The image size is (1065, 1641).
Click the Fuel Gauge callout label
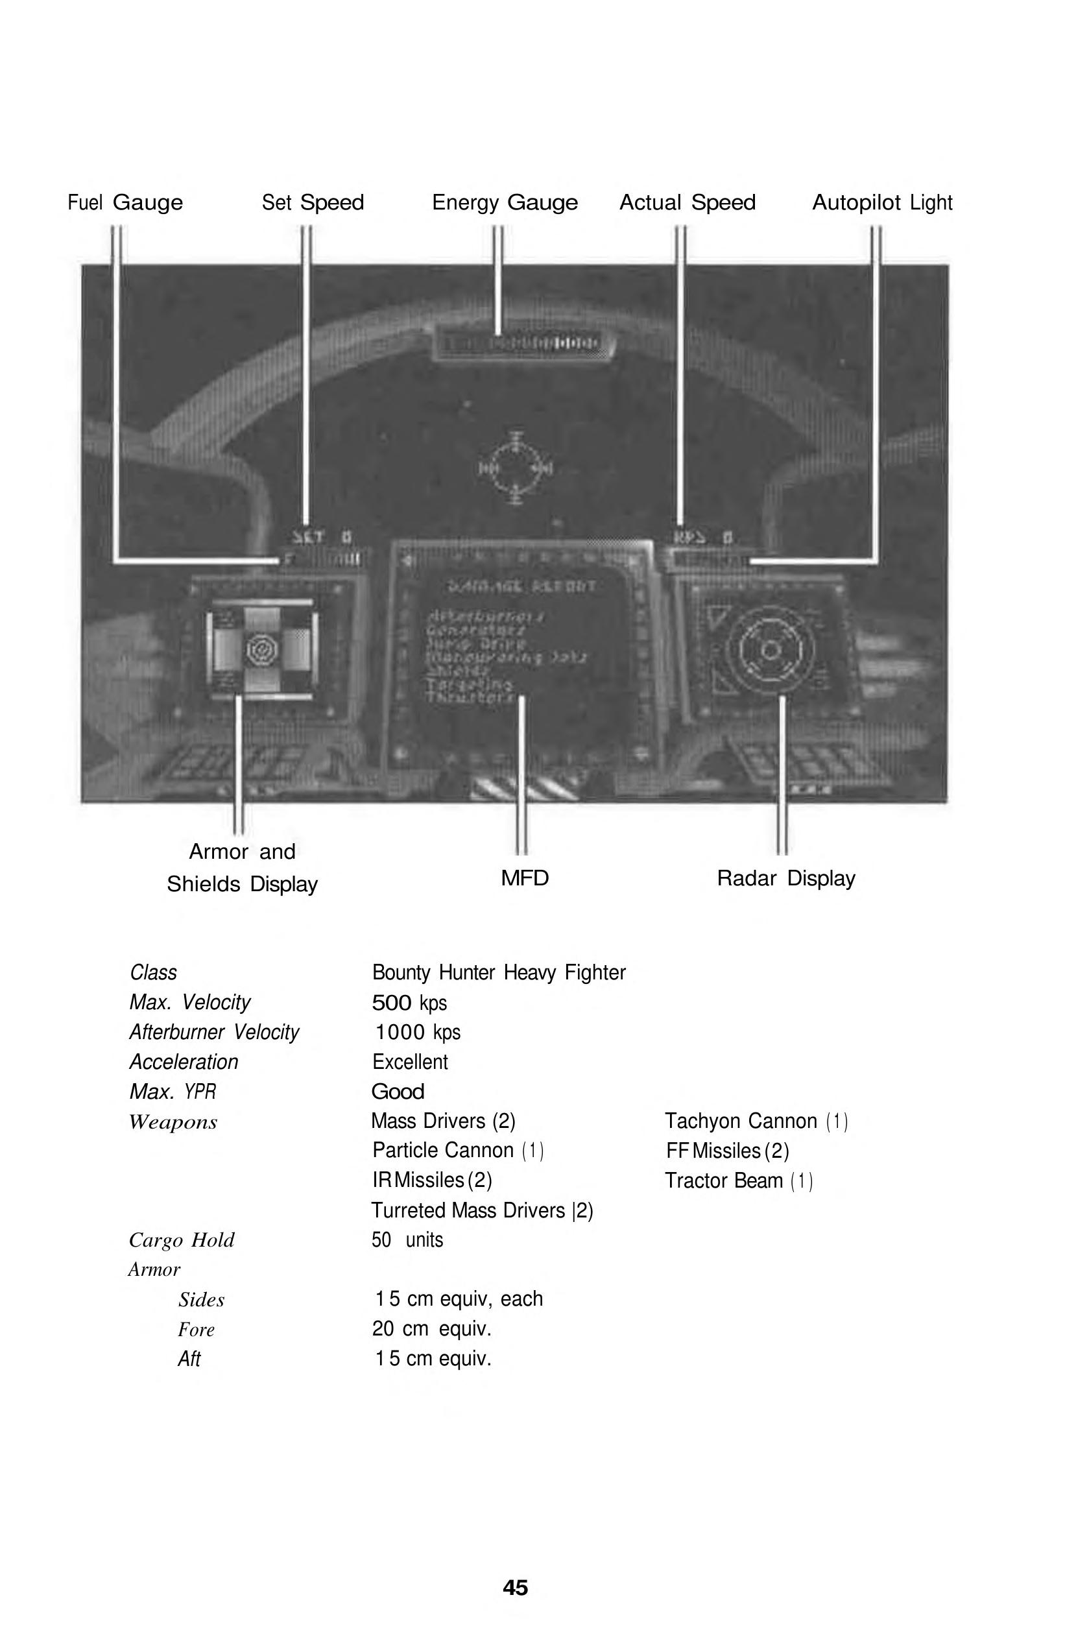pyautogui.click(x=125, y=203)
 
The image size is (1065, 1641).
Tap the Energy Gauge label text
pyautogui.click(x=505, y=203)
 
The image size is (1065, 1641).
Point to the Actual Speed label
pyautogui.click(x=688, y=203)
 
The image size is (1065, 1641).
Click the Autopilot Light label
pyautogui.click(x=881, y=203)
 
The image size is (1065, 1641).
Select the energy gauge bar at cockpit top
pyautogui.click(x=522, y=343)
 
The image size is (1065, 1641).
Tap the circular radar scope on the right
pyautogui.click(x=770, y=650)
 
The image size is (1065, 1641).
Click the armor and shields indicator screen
pyautogui.click(x=263, y=649)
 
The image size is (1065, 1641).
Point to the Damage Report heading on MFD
pyautogui.click(x=521, y=587)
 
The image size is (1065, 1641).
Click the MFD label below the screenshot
pyautogui.click(x=525, y=878)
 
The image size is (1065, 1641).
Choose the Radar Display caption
pyautogui.click(x=786, y=878)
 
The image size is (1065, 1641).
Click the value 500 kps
pyautogui.click(x=409, y=1003)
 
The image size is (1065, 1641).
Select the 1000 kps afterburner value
pyautogui.click(x=417, y=1032)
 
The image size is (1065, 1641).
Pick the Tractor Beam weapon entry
pyautogui.click(x=738, y=1181)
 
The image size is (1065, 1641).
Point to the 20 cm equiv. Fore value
pyautogui.click(x=431, y=1328)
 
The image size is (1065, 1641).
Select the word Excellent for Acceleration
pyautogui.click(x=410, y=1062)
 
